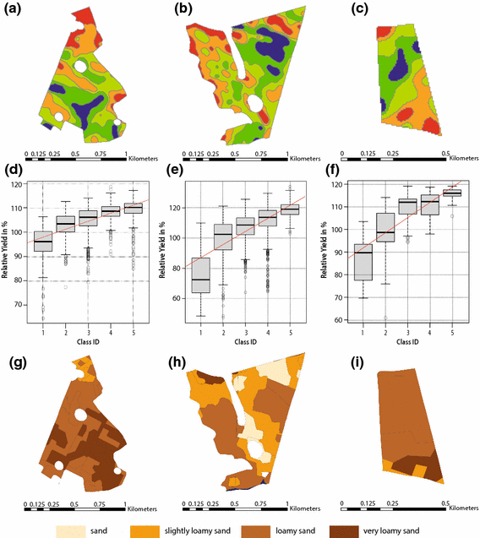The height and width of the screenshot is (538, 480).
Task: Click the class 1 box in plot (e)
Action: click(x=200, y=275)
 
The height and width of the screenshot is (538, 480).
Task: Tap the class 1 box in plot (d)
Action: click(x=42, y=240)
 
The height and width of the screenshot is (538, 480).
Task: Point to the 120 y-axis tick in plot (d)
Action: click(x=19, y=184)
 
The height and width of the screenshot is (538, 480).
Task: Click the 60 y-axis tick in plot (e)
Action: click(x=177, y=299)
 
